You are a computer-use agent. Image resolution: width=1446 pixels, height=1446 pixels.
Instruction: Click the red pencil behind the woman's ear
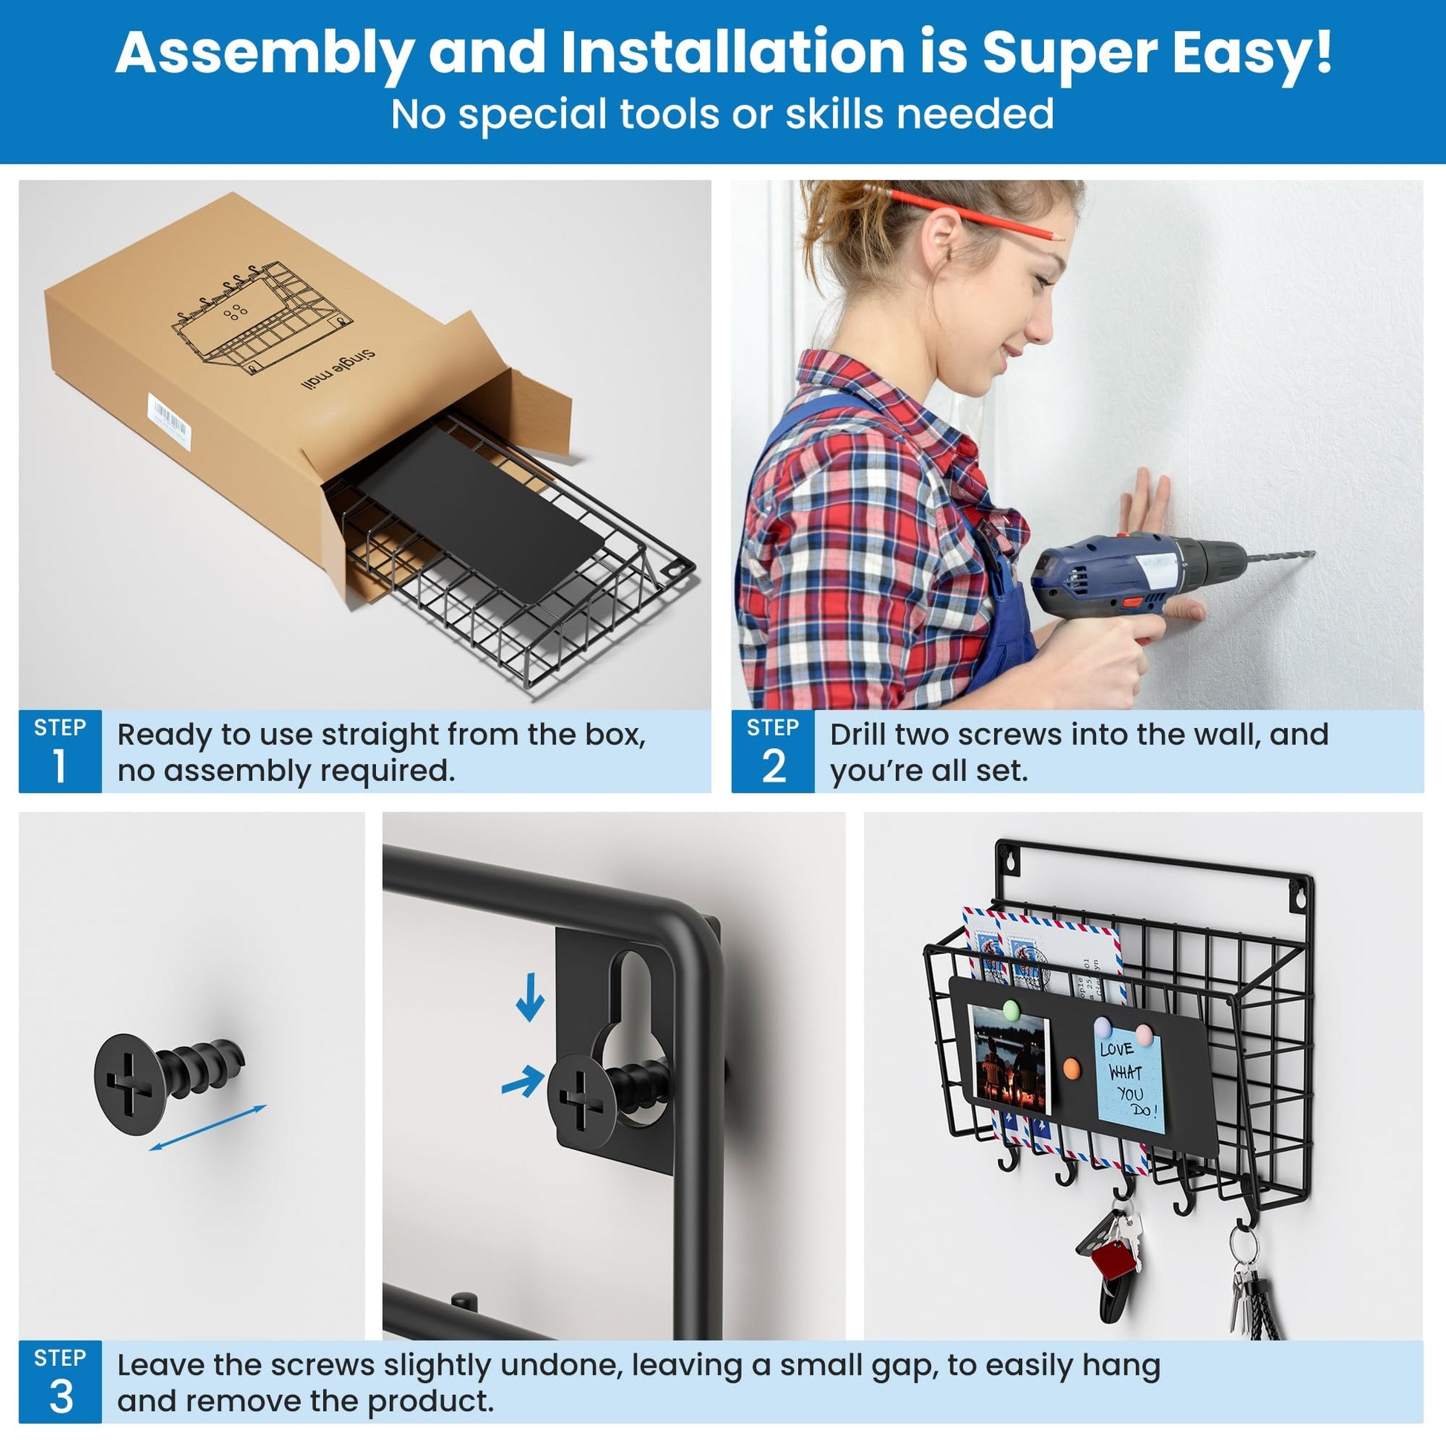click(x=965, y=212)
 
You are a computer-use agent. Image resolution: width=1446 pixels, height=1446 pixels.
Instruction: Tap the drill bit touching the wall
click(x=1279, y=557)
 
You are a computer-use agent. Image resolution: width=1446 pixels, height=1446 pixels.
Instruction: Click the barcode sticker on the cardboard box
click(x=169, y=422)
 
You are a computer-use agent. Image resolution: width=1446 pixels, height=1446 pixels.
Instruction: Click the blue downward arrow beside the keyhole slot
click(x=530, y=997)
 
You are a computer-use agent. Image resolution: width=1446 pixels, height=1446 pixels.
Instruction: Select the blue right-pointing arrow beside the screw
click(x=523, y=1080)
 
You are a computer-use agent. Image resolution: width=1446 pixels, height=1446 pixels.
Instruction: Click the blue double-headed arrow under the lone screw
click(x=207, y=1128)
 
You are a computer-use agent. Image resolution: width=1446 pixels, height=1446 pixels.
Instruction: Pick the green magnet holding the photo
click(x=1011, y=1011)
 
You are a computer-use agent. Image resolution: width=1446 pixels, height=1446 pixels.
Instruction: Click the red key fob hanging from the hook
click(x=1113, y=1259)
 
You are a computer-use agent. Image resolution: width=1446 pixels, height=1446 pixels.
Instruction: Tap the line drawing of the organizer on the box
click(x=262, y=314)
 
